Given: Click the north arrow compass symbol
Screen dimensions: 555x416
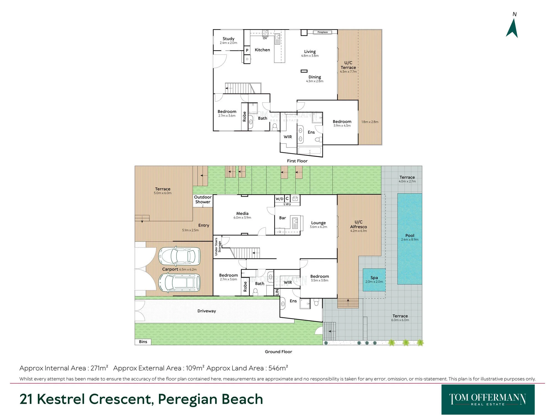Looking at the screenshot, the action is pos(512,28).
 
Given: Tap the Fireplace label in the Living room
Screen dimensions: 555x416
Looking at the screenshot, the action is pos(322,32).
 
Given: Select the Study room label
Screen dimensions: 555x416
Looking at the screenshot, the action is pos(228,39).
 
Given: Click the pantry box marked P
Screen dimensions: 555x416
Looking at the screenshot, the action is pos(247,50).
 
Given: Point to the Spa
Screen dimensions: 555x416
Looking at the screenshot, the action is pos(374,280).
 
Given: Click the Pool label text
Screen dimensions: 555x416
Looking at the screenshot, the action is pos(410,235).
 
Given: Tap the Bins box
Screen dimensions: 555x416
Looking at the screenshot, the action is pos(143,342).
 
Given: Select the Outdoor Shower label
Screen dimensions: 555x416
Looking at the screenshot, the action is pos(203,199).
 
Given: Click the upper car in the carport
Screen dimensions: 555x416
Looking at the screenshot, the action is pos(179,256).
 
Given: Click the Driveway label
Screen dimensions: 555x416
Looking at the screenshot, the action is pos(207,311).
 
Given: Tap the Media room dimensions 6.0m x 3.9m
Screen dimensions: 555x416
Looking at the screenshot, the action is pos(242,218).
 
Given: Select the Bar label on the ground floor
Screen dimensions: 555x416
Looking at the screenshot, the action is pos(282,218).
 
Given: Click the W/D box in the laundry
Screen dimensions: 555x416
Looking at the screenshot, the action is pos(279,199).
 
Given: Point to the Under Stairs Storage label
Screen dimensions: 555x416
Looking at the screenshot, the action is pos(218,247).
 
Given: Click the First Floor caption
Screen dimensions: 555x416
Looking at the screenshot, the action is pos(297,161).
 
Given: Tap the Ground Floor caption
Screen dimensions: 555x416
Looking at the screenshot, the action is pos(278,352).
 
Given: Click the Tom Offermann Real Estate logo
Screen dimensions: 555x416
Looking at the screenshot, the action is pos(488,399).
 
